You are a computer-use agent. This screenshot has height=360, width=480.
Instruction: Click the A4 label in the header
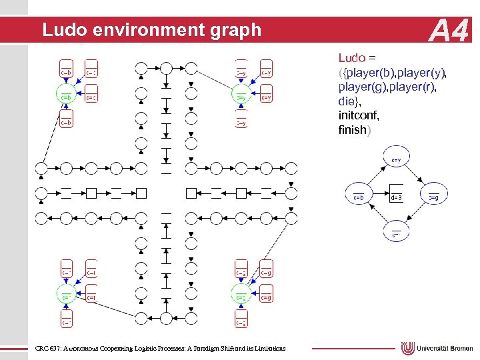(x=450, y=31)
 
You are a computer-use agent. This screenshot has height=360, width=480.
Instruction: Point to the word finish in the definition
(x=353, y=129)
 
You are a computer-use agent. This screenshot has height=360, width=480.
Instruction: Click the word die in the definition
(x=347, y=101)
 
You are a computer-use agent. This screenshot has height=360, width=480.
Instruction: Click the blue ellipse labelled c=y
(x=395, y=161)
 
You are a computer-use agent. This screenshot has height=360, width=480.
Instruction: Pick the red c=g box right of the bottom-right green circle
(x=265, y=297)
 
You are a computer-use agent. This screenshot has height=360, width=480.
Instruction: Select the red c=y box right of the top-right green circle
(x=265, y=97)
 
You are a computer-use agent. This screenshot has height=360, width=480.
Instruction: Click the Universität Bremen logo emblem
(x=408, y=348)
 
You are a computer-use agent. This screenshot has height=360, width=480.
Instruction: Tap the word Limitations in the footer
(x=269, y=348)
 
